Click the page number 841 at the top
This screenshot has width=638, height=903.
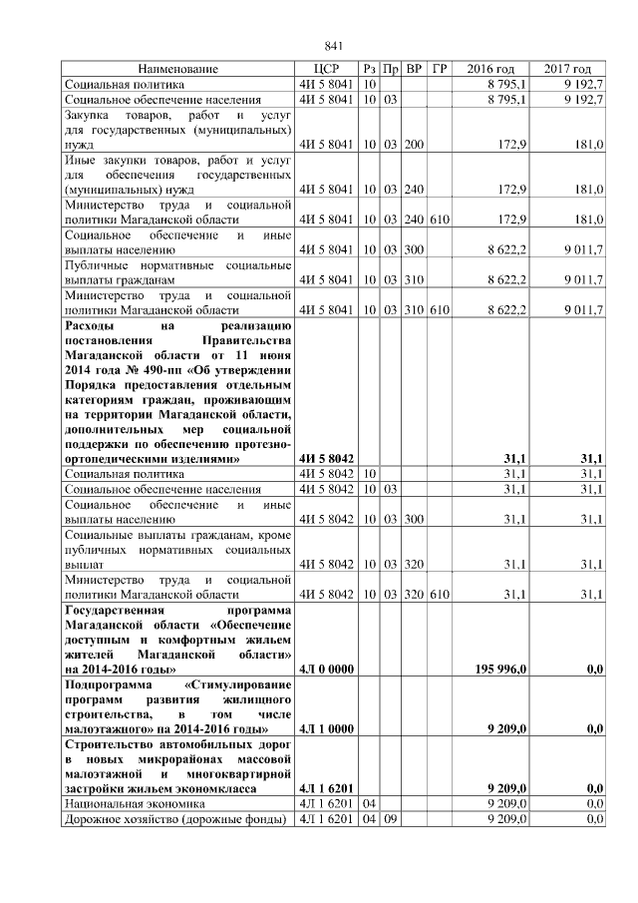click(334, 46)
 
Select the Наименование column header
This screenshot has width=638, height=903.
click(177, 69)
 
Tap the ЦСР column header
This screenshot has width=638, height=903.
click(327, 69)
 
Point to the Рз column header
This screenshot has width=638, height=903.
click(369, 69)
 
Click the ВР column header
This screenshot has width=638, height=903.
click(414, 69)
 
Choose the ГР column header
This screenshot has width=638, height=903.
click(440, 69)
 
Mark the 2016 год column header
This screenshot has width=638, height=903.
click(490, 69)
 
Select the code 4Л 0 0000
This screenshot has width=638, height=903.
click(327, 669)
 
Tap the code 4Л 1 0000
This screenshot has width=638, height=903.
click(327, 729)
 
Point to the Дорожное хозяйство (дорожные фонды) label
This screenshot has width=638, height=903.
click(174, 819)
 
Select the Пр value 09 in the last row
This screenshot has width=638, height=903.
click(391, 819)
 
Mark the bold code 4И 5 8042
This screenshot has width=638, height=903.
click(327, 458)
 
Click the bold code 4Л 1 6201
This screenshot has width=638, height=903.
click(327, 788)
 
